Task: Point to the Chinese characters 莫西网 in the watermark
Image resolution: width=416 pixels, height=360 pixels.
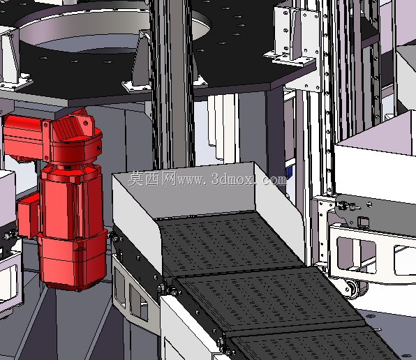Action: [152, 179]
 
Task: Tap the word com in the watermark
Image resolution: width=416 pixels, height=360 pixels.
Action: [274, 180]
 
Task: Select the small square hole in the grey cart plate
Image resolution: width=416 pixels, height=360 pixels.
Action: [363, 221]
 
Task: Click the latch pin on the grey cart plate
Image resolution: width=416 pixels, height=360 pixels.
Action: [348, 206]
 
